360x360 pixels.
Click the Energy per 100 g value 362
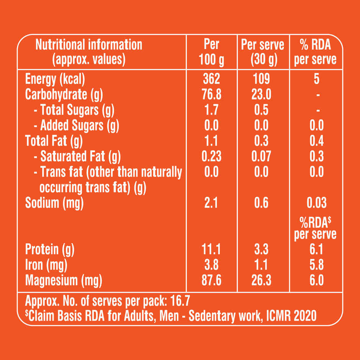(211, 79)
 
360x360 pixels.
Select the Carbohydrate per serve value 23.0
(261, 95)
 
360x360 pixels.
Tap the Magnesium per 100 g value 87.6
(211, 280)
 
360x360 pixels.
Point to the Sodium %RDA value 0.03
(316, 203)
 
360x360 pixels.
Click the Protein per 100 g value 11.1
(211, 249)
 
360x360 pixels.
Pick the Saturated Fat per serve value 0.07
(261, 156)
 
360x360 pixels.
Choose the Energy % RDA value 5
(316, 79)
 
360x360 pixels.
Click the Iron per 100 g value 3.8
(211, 265)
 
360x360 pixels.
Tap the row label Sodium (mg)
(54, 203)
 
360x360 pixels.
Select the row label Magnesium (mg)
(63, 280)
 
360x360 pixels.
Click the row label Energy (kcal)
(55, 79)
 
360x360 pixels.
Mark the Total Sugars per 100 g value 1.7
(211, 110)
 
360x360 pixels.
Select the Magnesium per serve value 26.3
(261, 280)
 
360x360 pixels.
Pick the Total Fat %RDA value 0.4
(316, 141)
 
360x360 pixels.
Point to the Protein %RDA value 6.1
(316, 249)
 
